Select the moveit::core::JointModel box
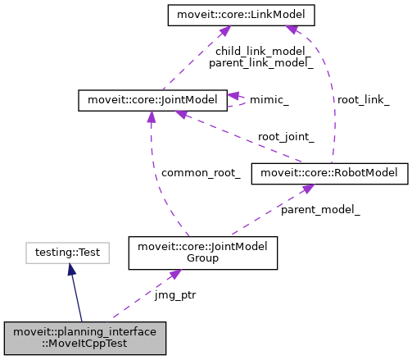151,101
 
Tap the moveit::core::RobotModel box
329,173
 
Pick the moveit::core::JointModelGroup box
203,252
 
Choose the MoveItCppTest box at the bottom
85,338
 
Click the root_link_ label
363,99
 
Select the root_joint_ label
286,136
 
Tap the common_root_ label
201,173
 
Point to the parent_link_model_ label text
249,62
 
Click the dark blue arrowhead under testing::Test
71,270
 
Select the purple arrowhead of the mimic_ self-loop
233,95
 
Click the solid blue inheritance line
77,295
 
